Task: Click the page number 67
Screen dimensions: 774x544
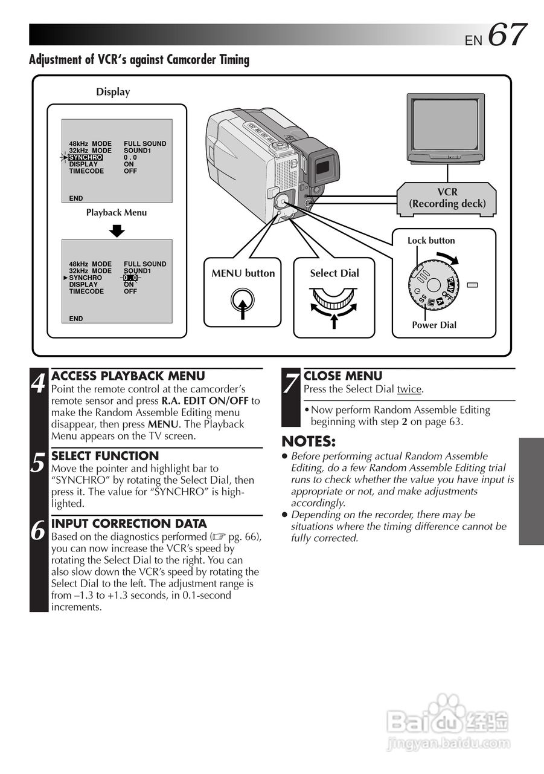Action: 507,34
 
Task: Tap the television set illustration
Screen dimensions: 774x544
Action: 446,128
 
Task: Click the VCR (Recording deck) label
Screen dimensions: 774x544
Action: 447,198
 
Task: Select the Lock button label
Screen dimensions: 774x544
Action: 431,241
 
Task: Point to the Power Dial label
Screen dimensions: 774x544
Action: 434,325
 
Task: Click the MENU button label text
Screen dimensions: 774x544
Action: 243,273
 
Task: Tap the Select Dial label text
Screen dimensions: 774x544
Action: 334,273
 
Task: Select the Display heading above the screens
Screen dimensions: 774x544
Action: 113,92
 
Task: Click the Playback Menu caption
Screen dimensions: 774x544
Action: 116,213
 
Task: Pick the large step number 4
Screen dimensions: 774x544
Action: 39,383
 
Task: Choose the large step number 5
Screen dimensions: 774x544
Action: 39,463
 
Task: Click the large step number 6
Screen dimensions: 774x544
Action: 39,531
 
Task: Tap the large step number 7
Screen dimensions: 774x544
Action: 291,383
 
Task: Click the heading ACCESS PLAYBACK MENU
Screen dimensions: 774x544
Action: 128,376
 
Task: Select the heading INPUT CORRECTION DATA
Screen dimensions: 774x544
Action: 129,524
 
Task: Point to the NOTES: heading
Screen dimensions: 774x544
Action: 309,441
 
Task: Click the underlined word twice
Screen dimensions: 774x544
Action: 409,389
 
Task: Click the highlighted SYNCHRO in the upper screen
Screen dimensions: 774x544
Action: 85,157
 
